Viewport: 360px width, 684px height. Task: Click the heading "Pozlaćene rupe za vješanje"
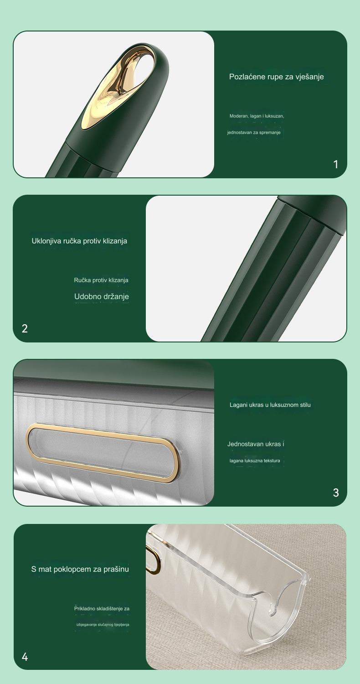tap(277, 77)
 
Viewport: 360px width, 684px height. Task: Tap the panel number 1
tap(336, 165)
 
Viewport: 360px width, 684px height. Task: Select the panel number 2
tap(25, 329)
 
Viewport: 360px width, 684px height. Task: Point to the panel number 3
tap(336, 492)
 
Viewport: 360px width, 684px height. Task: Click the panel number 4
tap(25, 657)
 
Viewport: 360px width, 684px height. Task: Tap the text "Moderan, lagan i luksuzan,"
tap(257, 116)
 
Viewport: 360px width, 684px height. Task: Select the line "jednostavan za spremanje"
tap(254, 133)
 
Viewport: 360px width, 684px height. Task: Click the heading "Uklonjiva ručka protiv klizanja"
tap(79, 241)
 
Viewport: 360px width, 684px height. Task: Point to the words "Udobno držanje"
tap(102, 296)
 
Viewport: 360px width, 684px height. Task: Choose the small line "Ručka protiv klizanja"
tap(101, 280)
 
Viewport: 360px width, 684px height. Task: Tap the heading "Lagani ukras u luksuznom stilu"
tap(270, 405)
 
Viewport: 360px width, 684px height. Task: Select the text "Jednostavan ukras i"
tap(256, 444)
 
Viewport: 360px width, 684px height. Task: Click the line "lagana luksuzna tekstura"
tap(255, 461)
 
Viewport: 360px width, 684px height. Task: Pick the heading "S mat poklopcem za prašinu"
tap(80, 569)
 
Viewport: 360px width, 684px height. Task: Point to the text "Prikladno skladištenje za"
tap(102, 609)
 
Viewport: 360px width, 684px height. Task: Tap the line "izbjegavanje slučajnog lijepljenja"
tap(103, 624)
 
